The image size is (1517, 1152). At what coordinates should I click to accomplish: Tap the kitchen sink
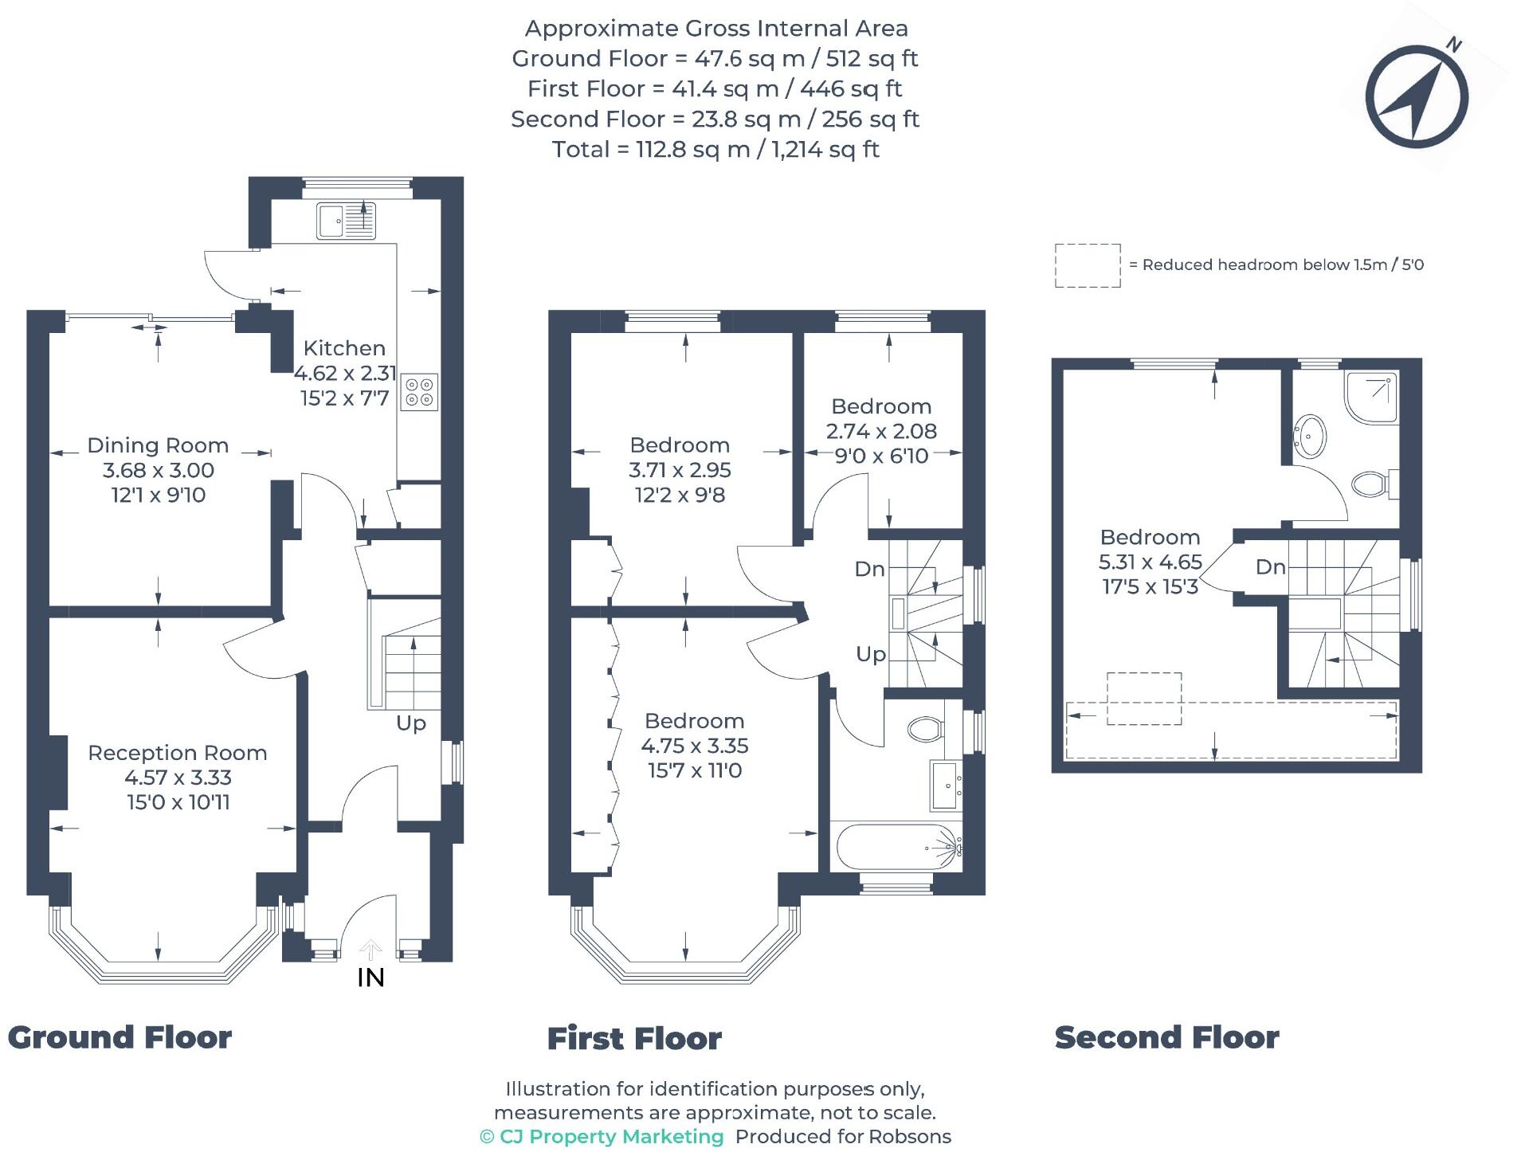pyautogui.click(x=346, y=221)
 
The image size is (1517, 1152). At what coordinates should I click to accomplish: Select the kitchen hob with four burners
pyautogui.click(x=419, y=391)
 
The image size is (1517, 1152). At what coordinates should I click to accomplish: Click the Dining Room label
pyautogui.click(x=158, y=445)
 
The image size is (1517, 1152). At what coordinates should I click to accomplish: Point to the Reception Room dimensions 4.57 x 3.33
pyautogui.click(x=178, y=778)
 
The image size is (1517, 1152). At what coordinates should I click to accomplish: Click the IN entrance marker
pyautogui.click(x=370, y=977)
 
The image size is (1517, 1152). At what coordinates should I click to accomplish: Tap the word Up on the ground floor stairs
pyautogui.click(x=411, y=723)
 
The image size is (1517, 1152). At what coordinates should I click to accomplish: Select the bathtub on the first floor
pyautogui.click(x=896, y=848)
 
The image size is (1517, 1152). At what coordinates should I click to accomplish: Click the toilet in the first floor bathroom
pyautogui.click(x=925, y=728)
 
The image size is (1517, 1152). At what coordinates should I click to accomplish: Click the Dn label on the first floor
pyautogui.click(x=869, y=569)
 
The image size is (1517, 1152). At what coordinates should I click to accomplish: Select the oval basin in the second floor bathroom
pyautogui.click(x=1311, y=437)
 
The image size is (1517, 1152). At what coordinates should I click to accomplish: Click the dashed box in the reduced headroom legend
pyautogui.click(x=1087, y=265)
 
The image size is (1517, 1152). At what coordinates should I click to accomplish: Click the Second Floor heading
pyautogui.click(x=1166, y=1037)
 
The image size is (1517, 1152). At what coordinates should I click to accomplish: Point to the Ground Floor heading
pyautogui.click(x=120, y=1037)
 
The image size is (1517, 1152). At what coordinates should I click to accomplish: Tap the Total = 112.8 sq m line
pyautogui.click(x=715, y=150)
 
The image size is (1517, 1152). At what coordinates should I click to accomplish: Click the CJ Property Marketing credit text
pyautogui.click(x=602, y=1137)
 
